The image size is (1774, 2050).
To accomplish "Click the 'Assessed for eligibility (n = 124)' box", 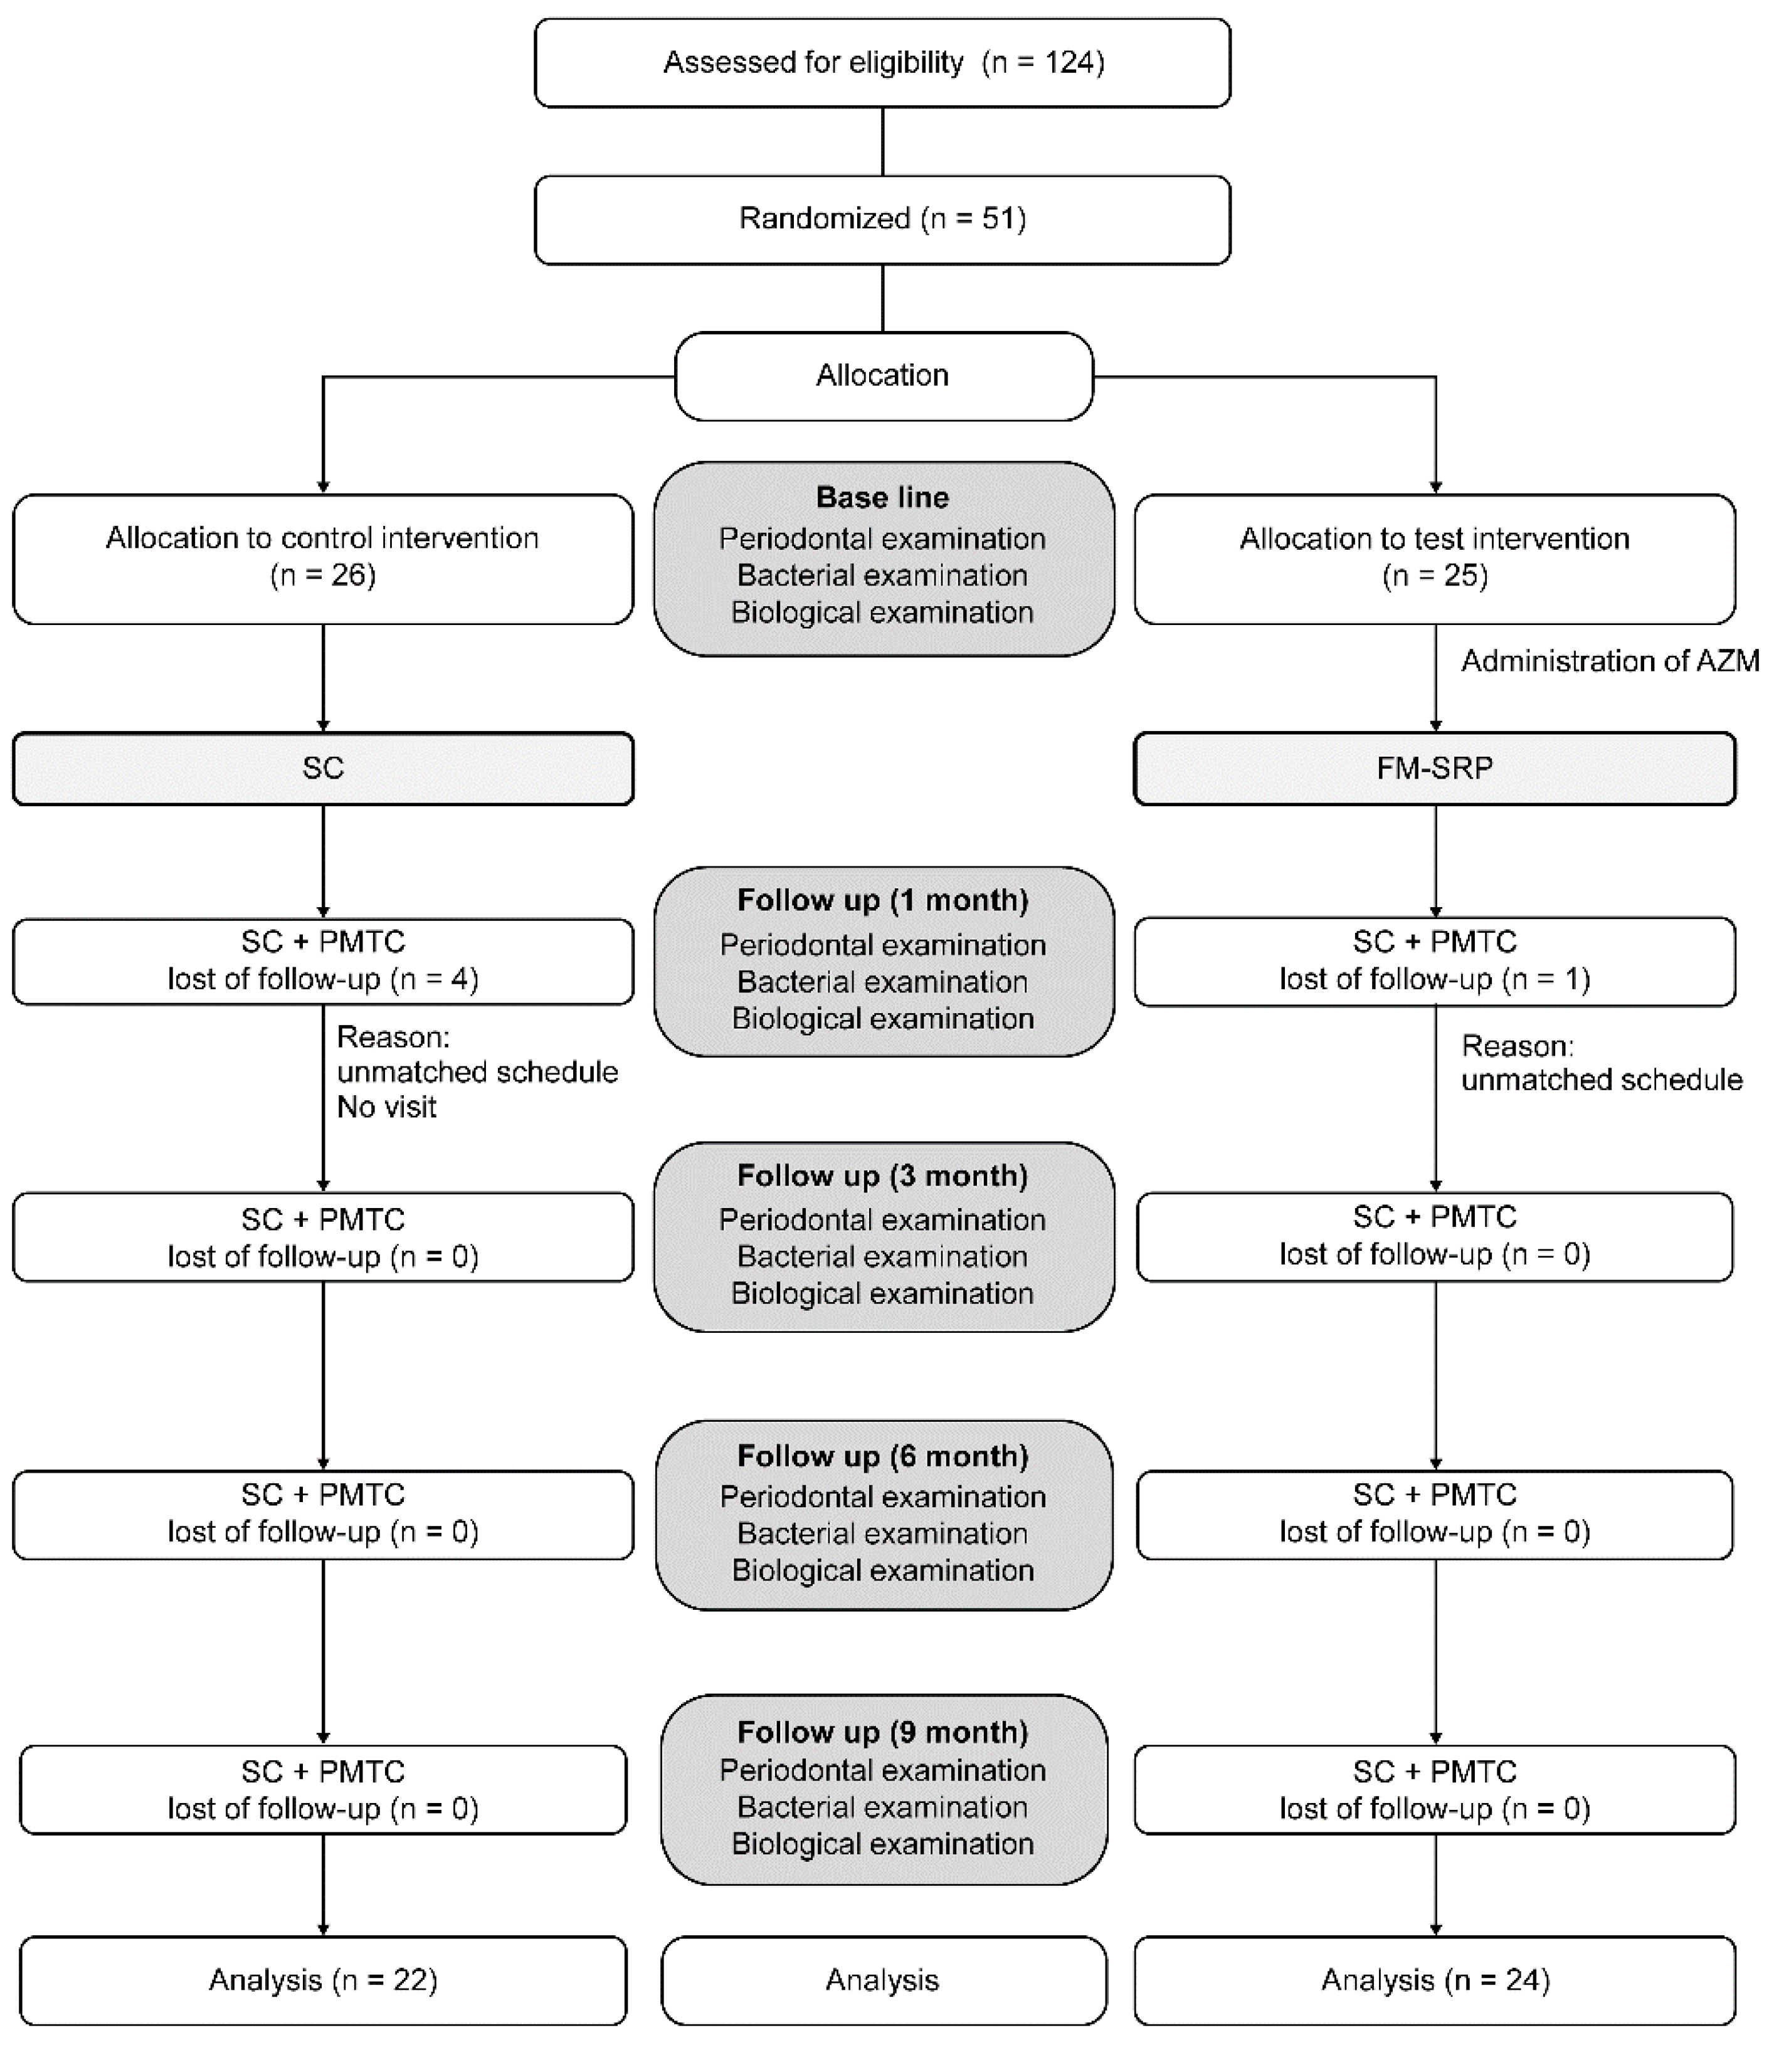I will pyautogui.click(x=882, y=62).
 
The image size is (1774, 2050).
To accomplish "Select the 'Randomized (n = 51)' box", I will pyautogui.click(x=882, y=219).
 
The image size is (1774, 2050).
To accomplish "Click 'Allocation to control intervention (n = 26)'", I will pyautogui.click(x=323, y=557).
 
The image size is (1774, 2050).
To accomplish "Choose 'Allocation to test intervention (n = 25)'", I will pyautogui.click(x=1435, y=557).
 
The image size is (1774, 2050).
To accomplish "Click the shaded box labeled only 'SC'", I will pyautogui.click(x=323, y=768).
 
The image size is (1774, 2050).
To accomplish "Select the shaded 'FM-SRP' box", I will pyautogui.click(x=1435, y=768).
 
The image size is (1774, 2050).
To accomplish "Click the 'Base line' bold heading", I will pyautogui.click(x=882, y=497).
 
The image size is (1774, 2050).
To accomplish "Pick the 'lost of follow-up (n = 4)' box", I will pyautogui.click(x=323, y=961).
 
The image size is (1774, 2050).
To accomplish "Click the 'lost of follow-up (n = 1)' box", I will pyautogui.click(x=1435, y=961).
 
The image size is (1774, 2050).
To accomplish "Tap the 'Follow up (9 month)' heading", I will pyautogui.click(x=882, y=1732).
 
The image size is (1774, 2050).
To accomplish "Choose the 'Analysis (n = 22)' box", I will pyautogui.click(x=323, y=1980).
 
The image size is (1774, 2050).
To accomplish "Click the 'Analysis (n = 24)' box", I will pyautogui.click(x=1435, y=1980).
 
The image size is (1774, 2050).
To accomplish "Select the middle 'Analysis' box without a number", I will pyautogui.click(x=882, y=1980).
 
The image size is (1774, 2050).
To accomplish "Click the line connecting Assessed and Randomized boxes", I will pyautogui.click(x=882, y=142).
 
